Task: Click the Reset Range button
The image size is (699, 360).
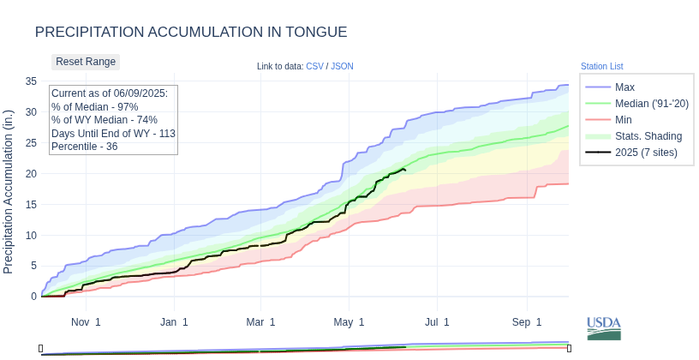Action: pyautogui.click(x=86, y=62)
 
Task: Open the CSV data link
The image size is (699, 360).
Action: pyautogui.click(x=314, y=67)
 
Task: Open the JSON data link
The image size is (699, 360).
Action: pyautogui.click(x=342, y=67)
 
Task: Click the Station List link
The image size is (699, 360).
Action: pyautogui.click(x=601, y=67)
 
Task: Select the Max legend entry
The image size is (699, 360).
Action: pyautogui.click(x=624, y=87)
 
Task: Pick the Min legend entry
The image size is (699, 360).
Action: pyautogui.click(x=624, y=120)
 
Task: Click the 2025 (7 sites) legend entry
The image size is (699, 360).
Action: pyautogui.click(x=646, y=153)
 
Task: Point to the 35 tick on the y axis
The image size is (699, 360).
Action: pyautogui.click(x=31, y=81)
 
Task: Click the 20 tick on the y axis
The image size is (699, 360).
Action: pyautogui.click(x=31, y=173)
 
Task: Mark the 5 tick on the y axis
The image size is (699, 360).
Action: pyautogui.click(x=33, y=266)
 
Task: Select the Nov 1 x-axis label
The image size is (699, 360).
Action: pyautogui.click(x=86, y=322)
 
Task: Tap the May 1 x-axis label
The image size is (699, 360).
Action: pyautogui.click(x=349, y=322)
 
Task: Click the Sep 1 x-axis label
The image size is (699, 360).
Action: pyautogui.click(x=527, y=322)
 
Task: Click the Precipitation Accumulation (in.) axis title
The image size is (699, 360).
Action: pyautogui.click(x=9, y=191)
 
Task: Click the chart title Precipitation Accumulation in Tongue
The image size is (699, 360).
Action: pyautogui.click(x=191, y=32)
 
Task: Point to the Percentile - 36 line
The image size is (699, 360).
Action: pyautogui.click(x=84, y=147)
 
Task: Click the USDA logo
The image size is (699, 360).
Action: pyautogui.click(x=604, y=328)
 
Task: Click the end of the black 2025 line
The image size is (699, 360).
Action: pyautogui.click(x=405, y=170)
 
